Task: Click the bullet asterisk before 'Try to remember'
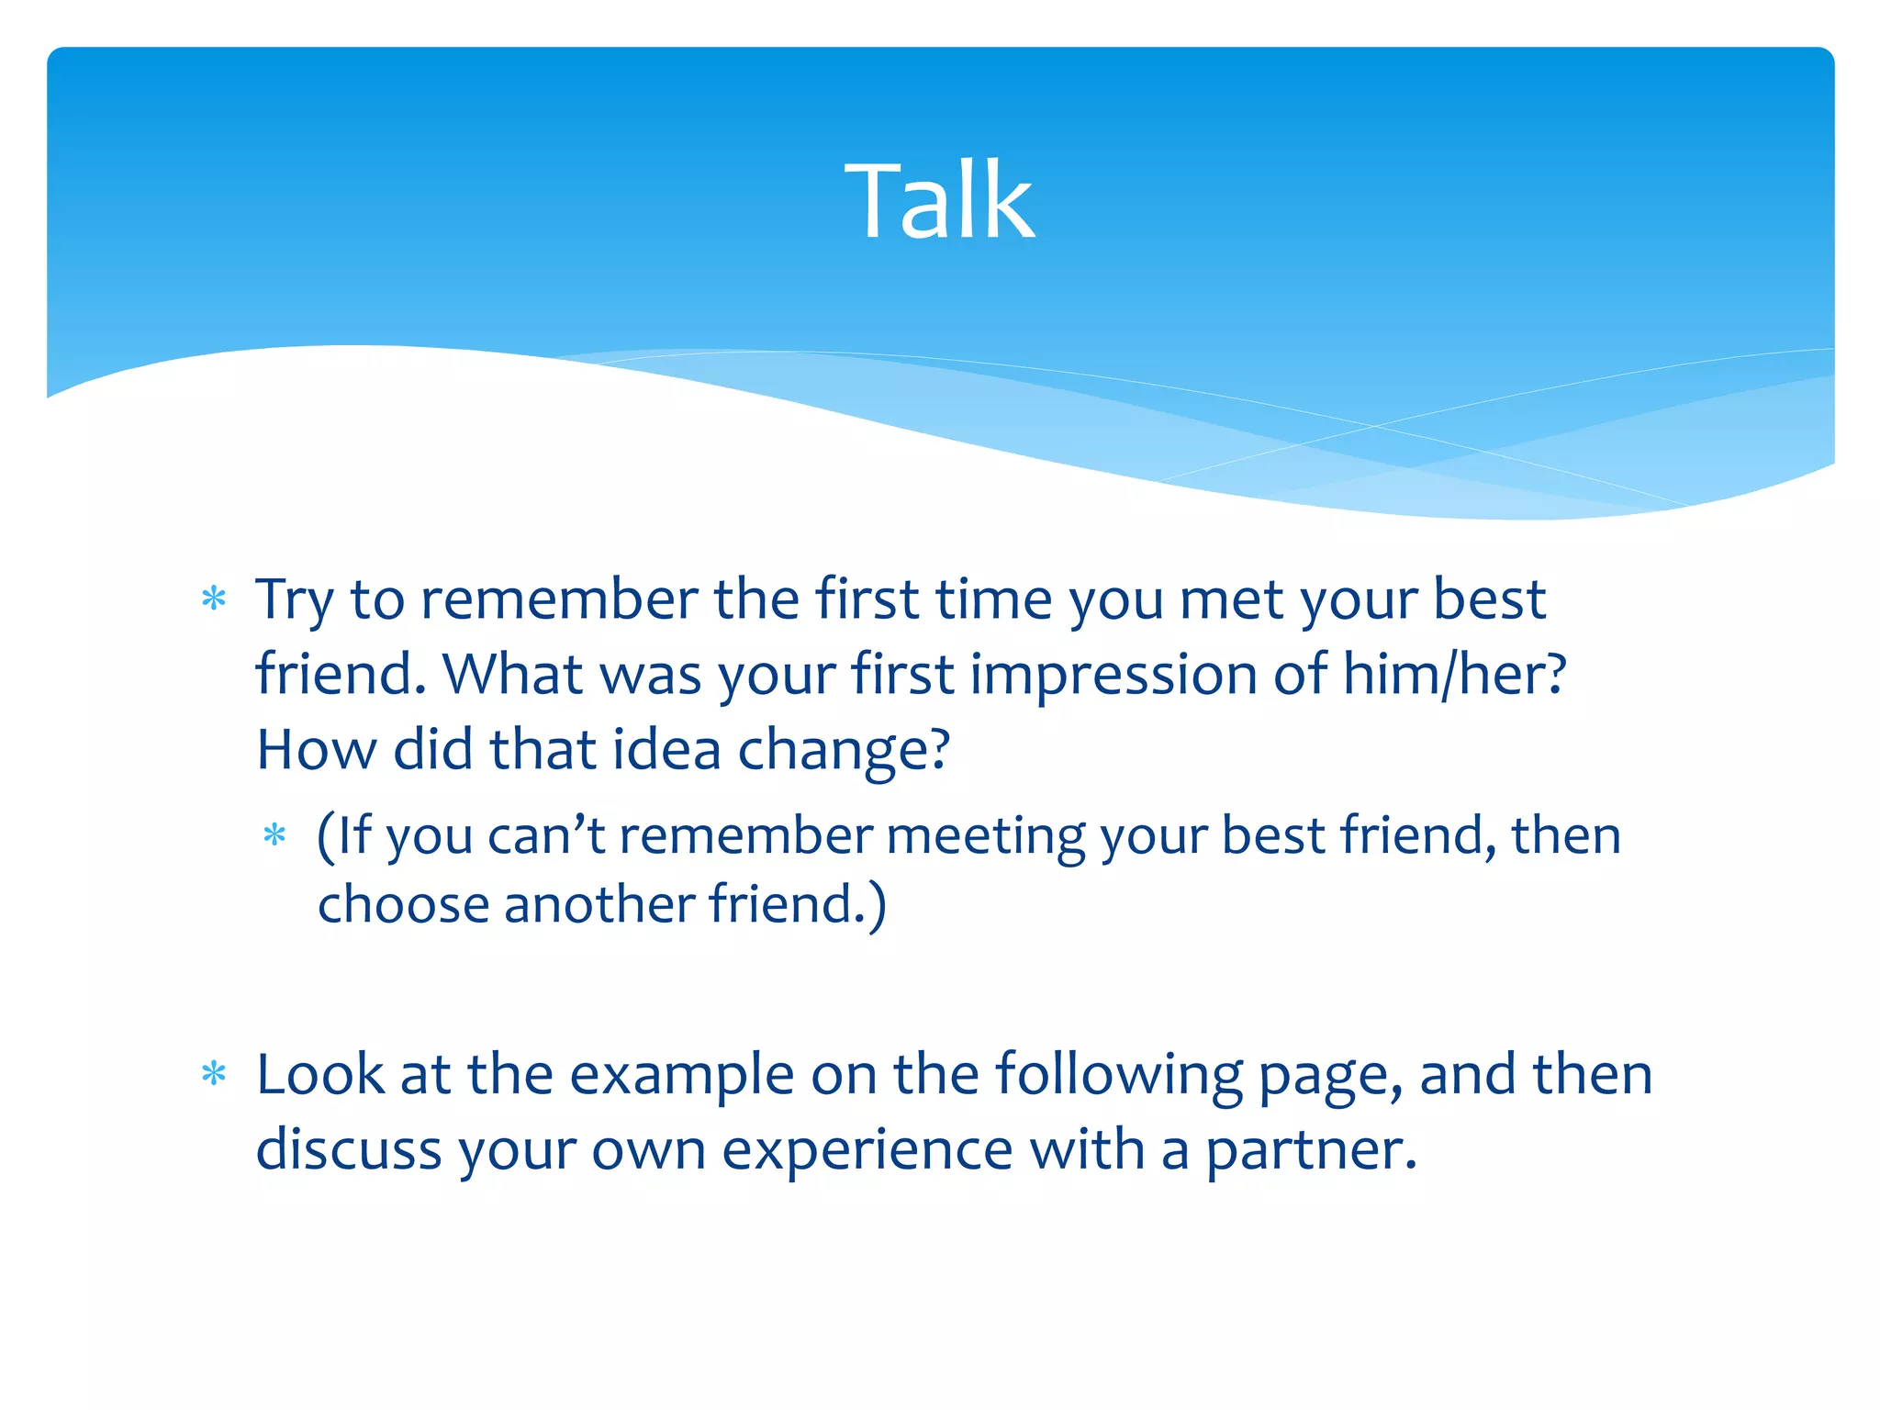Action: point(214,600)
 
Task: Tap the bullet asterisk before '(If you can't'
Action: point(274,835)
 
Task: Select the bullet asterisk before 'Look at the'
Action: point(214,1074)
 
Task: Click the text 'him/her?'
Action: point(1454,675)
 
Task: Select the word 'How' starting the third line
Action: point(316,750)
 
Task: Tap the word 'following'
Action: point(1119,1076)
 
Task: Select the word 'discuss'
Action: point(349,1149)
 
